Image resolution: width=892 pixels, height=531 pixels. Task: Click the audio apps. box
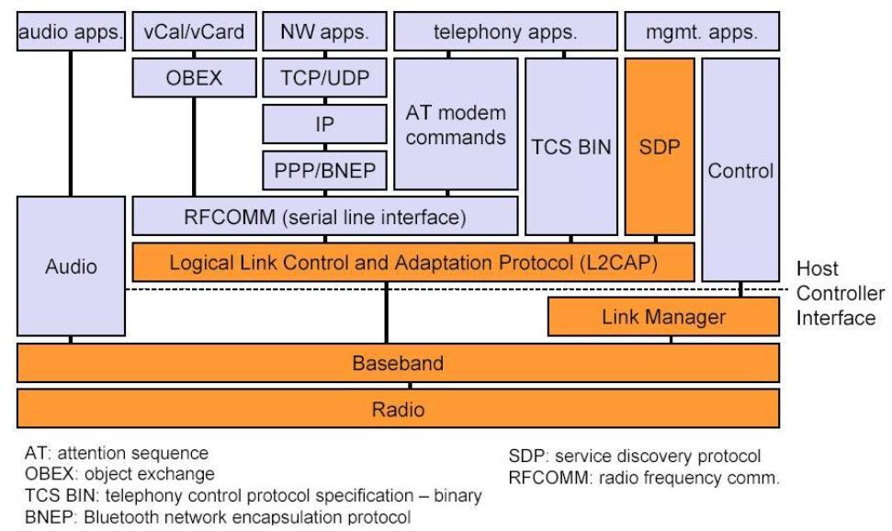point(71,33)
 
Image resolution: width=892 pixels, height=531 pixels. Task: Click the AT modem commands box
point(456,127)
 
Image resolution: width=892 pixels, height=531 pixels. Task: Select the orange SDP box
point(658,147)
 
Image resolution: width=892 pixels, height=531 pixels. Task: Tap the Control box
point(741,169)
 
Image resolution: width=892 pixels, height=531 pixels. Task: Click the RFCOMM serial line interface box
point(325,217)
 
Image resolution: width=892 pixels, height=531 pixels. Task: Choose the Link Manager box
point(663,317)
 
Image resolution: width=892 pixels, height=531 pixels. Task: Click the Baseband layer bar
point(398,364)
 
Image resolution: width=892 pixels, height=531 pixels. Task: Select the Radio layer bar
point(398,408)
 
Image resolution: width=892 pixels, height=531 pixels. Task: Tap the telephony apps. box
point(504,33)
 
